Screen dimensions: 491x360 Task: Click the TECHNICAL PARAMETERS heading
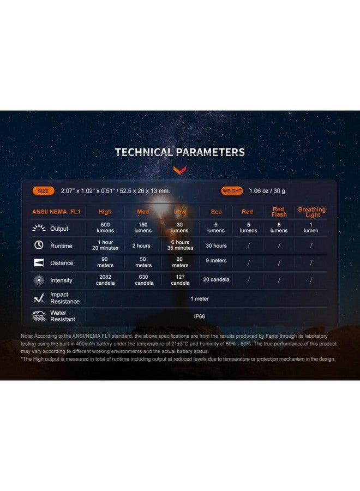[179, 152]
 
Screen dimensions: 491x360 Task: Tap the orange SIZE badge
[43, 191]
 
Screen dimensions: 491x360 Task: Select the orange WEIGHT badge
[232, 191]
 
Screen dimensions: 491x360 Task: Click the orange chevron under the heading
[179, 171]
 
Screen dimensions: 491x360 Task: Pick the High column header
[105, 212]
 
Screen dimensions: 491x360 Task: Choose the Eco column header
[216, 212]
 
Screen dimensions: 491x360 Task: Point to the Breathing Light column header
[311, 212]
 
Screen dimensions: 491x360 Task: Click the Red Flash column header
[278, 212]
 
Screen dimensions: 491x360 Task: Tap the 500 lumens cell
[105, 227]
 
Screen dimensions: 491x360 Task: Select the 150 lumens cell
[143, 227]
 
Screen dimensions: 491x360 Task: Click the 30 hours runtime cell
[216, 245]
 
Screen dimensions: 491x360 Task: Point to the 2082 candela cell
[105, 280]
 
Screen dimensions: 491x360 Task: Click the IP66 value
[199, 315]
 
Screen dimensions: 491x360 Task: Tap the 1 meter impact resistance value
[199, 298]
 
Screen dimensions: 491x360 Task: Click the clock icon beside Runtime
[39, 245]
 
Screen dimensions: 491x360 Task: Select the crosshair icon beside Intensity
[39, 280]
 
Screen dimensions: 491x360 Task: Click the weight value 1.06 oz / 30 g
[268, 191]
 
